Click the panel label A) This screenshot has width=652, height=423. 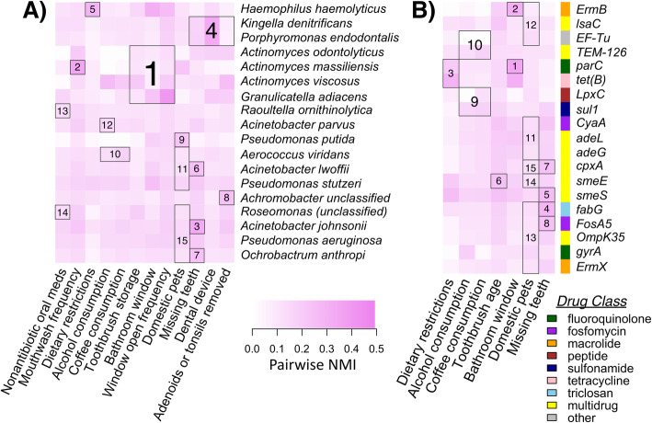pyautogui.click(x=18, y=14)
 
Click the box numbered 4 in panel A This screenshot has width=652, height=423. pyautogui.click(x=211, y=30)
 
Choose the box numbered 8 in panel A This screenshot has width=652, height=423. pyautogui.click(x=225, y=197)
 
